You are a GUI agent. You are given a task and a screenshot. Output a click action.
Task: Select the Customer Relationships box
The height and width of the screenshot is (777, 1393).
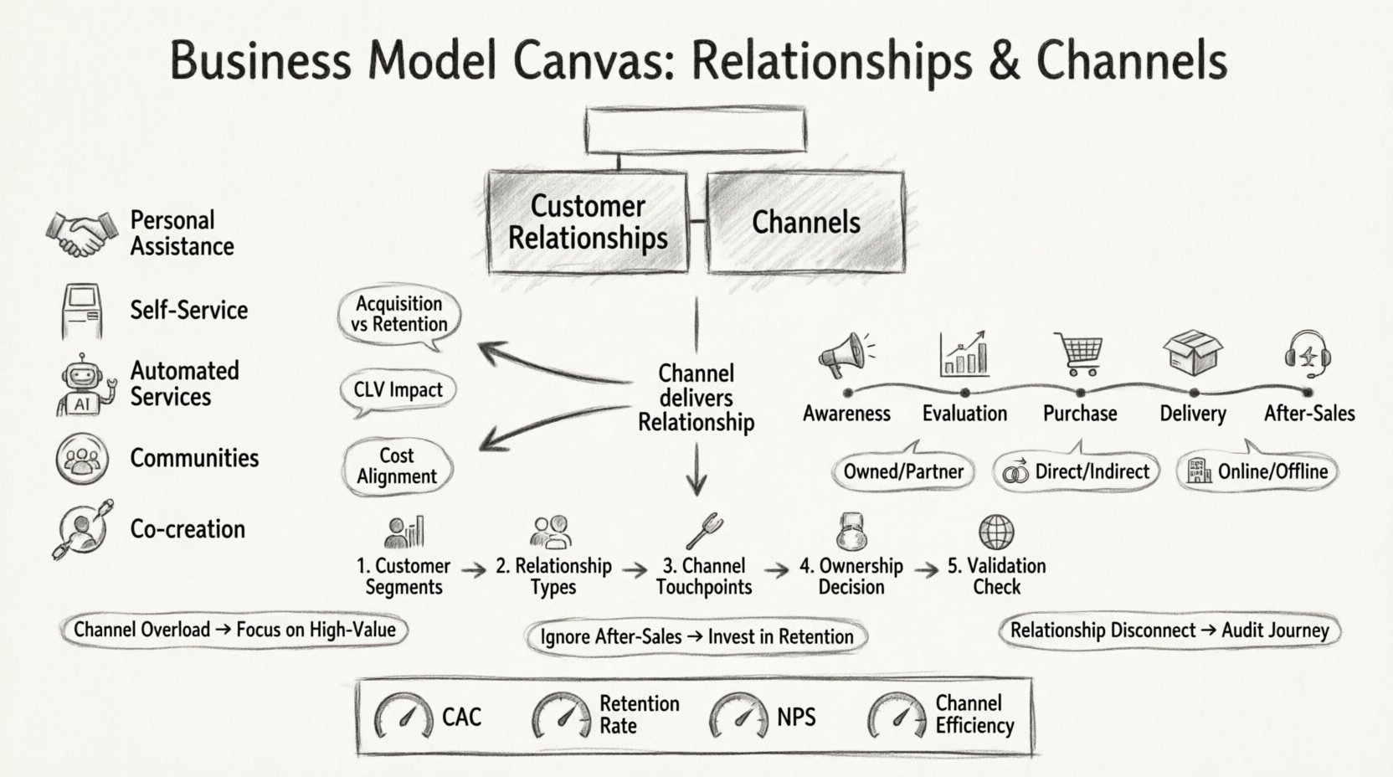[x=588, y=222]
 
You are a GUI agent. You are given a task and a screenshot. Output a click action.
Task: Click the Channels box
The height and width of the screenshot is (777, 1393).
[x=805, y=222]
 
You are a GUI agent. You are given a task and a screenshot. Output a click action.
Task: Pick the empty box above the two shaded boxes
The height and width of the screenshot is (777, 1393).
[x=696, y=131]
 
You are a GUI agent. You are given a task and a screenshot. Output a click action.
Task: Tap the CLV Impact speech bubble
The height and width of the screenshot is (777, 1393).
[x=398, y=390]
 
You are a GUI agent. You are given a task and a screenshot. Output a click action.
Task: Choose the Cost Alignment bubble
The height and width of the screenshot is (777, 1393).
[x=397, y=466]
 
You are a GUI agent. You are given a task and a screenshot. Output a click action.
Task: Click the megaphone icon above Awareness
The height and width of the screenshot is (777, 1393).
[x=844, y=353]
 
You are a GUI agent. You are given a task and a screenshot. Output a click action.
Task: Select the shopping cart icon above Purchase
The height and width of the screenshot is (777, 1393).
[x=1079, y=353]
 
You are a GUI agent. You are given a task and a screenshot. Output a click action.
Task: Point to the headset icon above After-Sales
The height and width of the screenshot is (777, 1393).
[x=1308, y=353]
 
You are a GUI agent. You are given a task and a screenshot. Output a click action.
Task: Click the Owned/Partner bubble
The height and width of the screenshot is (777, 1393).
[x=903, y=472]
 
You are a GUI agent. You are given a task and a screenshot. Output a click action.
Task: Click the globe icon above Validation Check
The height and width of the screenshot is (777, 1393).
[x=996, y=532]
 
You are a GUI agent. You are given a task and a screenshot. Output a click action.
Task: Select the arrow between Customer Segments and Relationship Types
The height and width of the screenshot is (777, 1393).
[x=474, y=571]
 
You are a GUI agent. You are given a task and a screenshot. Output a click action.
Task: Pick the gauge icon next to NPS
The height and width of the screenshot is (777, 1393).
[x=738, y=717]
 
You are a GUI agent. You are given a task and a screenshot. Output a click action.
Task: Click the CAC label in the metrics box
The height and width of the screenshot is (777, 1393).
[x=461, y=718]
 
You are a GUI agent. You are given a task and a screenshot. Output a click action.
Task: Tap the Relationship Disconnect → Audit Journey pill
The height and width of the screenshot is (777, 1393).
[x=1169, y=630]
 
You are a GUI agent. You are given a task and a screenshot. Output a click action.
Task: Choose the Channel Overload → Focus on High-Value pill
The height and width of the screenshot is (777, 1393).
[x=234, y=630]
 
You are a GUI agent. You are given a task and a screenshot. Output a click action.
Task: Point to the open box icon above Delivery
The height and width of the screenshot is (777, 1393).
[x=1192, y=352]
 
